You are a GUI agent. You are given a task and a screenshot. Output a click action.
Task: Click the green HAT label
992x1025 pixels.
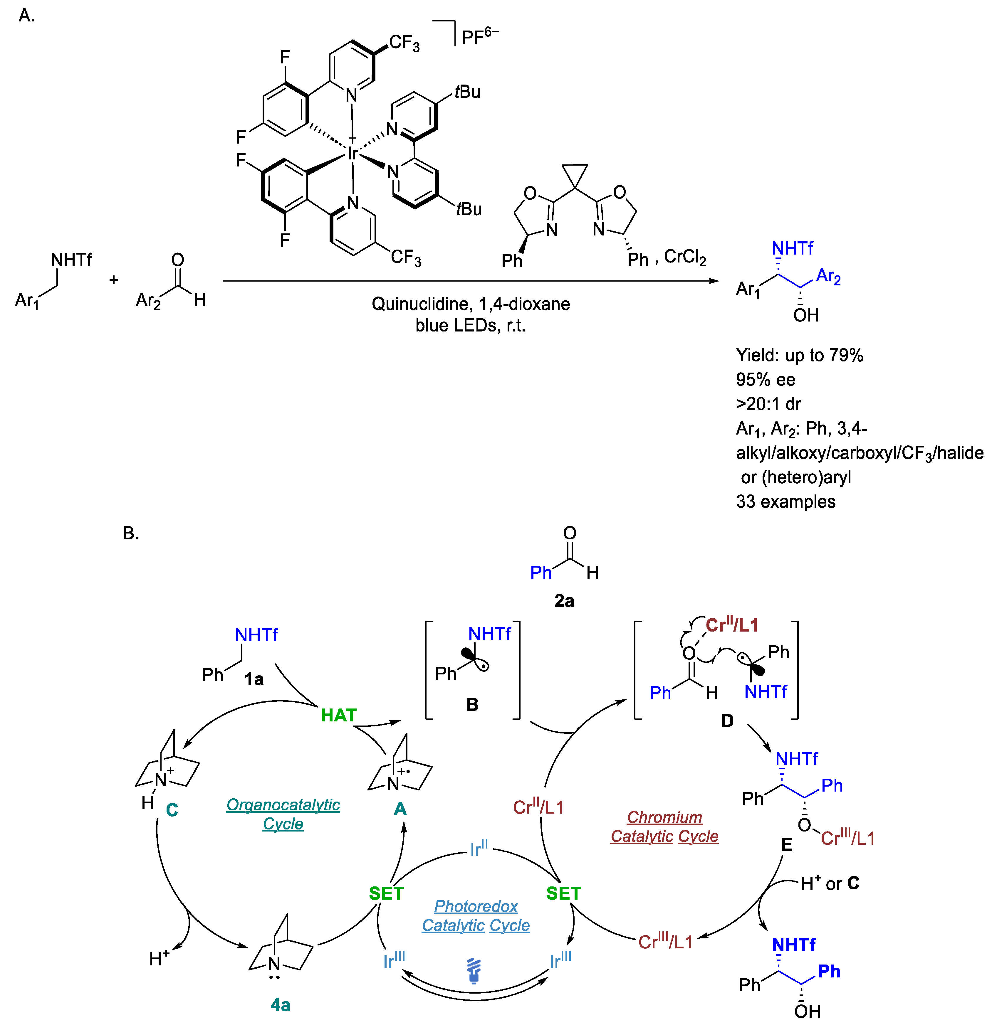pos(338,715)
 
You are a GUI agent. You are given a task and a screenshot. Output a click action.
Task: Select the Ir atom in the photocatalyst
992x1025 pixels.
pos(353,153)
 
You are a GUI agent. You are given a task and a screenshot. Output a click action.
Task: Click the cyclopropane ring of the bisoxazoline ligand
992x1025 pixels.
pos(575,174)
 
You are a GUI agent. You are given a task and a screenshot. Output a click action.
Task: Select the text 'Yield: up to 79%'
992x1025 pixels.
pos(799,355)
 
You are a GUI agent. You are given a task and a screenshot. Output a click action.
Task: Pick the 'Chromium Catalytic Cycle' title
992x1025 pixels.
pos(664,826)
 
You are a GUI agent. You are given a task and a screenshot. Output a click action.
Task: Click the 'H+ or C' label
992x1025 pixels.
pos(830,883)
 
